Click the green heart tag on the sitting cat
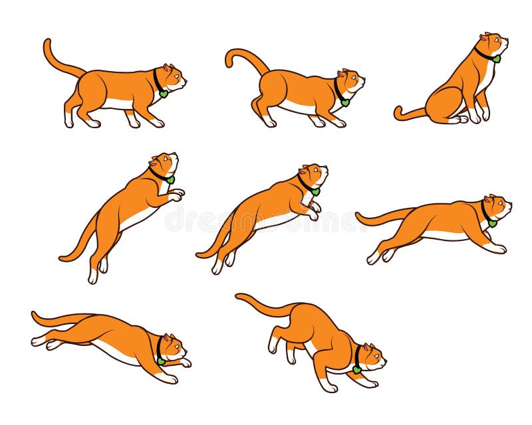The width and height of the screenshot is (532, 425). click(496, 58)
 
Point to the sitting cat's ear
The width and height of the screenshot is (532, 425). click(485, 37)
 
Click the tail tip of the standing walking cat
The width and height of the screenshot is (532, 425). click(47, 43)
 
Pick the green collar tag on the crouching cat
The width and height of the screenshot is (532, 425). click(346, 102)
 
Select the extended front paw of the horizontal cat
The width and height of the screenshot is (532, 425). click(497, 248)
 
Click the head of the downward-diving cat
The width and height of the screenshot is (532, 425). click(172, 347)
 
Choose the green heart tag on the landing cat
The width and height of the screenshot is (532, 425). click(357, 369)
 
